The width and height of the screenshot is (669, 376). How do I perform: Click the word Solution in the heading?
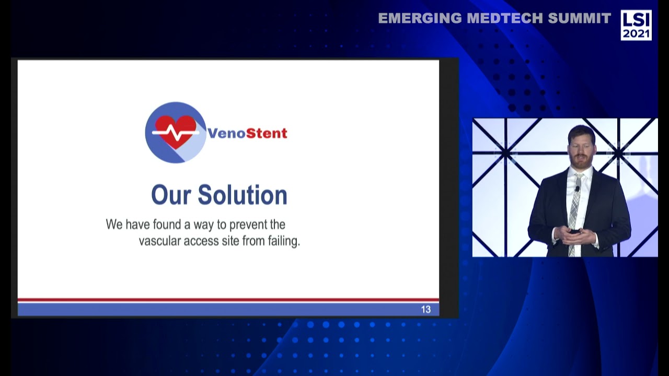243,195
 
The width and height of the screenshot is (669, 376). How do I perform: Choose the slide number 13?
426,310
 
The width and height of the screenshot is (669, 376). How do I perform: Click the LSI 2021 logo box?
636,25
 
